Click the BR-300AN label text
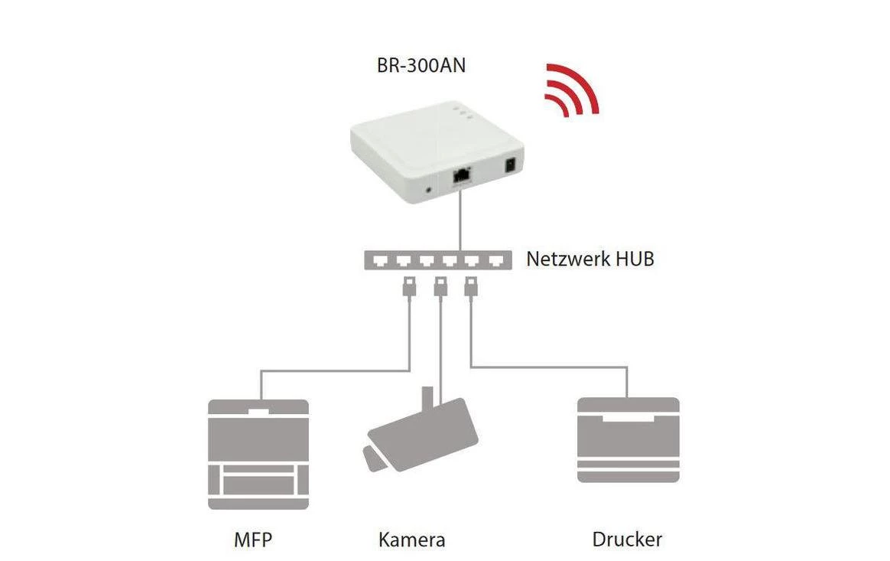[421, 66]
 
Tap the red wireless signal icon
[569, 92]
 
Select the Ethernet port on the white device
[461, 175]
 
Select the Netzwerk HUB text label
[590, 259]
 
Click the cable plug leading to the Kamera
[440, 288]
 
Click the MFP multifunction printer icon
[258, 453]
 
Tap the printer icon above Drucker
[628, 440]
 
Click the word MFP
[252, 540]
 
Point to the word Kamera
[411, 540]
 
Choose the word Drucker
[627, 540]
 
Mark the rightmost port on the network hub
[498, 261]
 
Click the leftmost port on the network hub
[380, 261]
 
